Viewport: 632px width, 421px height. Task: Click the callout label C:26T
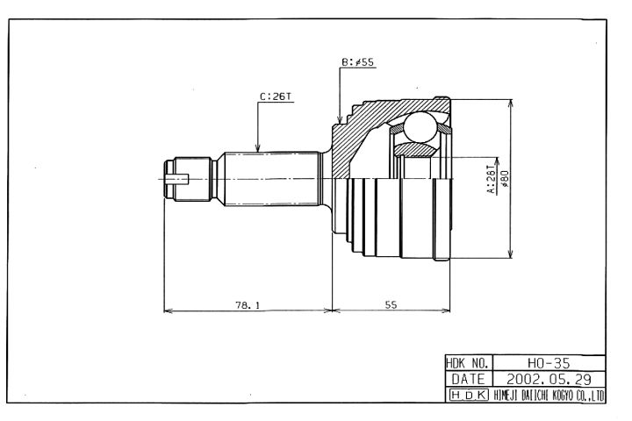276,96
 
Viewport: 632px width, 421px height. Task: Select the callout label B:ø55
358,62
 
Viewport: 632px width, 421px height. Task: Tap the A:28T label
492,179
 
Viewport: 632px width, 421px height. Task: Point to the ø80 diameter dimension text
505,179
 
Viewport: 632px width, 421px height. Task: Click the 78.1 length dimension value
248,305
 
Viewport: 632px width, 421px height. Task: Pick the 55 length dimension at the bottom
391,305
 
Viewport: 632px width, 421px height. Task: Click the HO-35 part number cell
549,363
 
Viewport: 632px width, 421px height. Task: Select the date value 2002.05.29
549,379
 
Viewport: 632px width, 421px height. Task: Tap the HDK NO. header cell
469,363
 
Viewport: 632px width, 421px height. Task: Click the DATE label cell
469,379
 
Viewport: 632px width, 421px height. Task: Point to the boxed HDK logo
469,395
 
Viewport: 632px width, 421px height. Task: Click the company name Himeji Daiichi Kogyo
549,396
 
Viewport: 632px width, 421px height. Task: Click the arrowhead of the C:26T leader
258,148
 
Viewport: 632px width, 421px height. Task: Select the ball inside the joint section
420,127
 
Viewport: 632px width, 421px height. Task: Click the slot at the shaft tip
177,179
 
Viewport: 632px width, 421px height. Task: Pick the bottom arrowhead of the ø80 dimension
510,253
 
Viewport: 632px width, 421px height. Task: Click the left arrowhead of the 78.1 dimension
169,310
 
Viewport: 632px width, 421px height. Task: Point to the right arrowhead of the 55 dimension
445,310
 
